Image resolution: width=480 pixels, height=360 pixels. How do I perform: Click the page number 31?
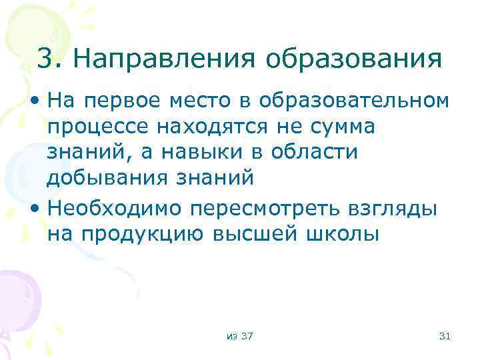click(445, 335)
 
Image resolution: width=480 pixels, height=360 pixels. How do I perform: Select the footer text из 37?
click(239, 335)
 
